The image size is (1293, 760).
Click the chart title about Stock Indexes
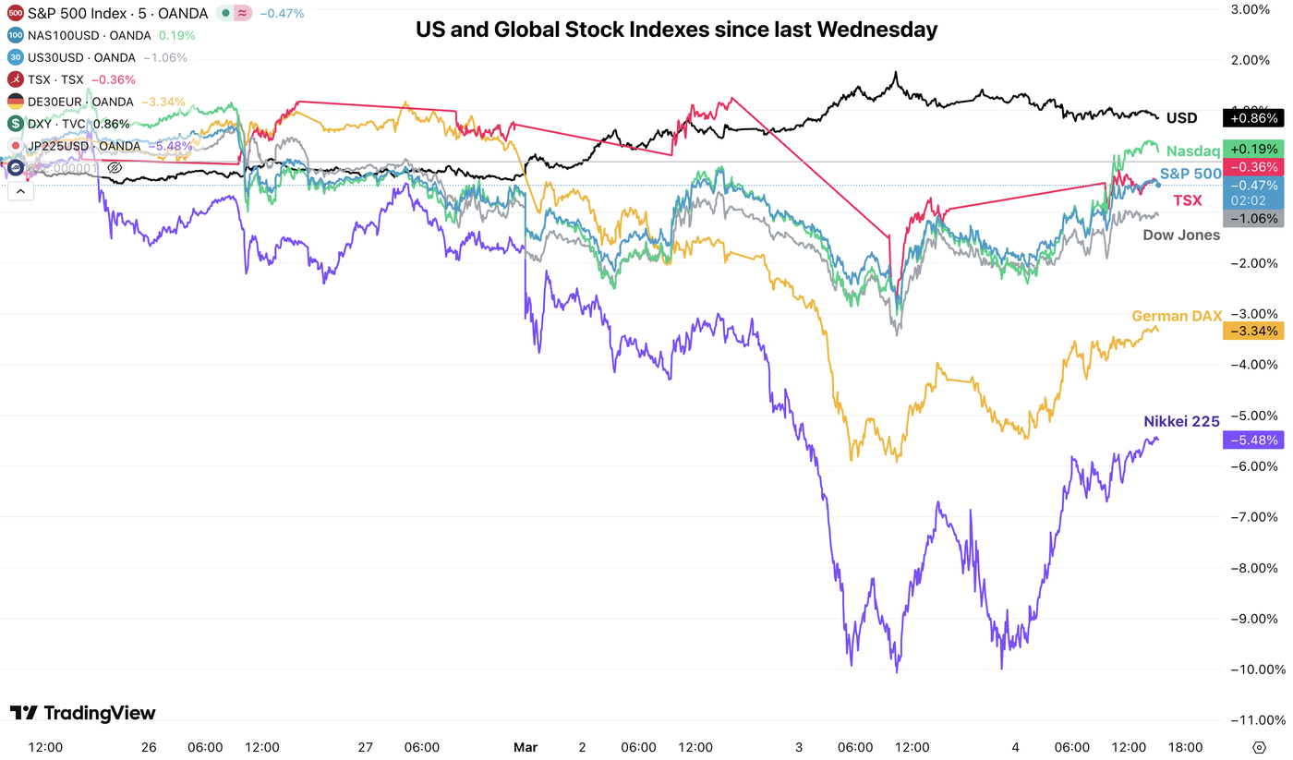[x=676, y=30]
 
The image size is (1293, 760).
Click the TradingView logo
[x=83, y=713]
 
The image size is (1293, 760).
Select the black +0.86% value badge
[x=1252, y=118]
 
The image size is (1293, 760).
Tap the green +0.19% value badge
[x=1252, y=148]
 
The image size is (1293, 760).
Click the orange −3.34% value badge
[x=1252, y=331]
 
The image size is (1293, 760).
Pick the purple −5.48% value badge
[x=1252, y=440]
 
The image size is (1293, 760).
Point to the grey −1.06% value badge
[x=1252, y=219]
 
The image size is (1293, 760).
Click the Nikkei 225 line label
[x=1181, y=421]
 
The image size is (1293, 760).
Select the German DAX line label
[x=1176, y=317]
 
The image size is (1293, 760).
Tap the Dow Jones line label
[x=1181, y=235]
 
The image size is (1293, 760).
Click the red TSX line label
[x=1188, y=200]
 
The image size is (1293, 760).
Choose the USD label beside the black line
[x=1181, y=118]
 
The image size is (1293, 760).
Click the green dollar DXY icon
[x=16, y=124]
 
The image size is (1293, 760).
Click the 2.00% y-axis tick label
[x=1251, y=60]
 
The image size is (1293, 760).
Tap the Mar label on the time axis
[x=525, y=746]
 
